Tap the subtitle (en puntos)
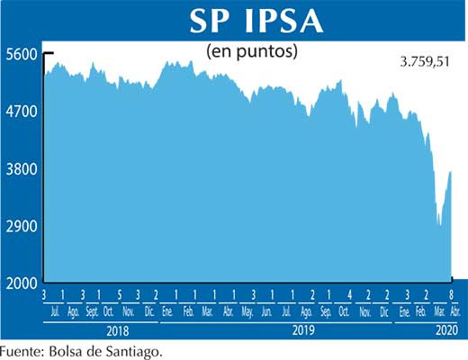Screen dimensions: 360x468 click(x=252, y=51)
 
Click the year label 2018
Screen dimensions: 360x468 click(x=100, y=329)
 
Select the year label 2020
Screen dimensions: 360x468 click(x=445, y=329)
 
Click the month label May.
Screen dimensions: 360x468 click(x=247, y=312)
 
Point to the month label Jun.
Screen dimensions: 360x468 click(x=266, y=312)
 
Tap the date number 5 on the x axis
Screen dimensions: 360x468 click(x=120, y=296)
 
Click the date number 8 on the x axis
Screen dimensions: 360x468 click(x=450, y=296)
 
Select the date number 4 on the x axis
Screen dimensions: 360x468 click(x=349, y=296)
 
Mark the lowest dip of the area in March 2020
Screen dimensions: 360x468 click(x=439, y=226)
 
